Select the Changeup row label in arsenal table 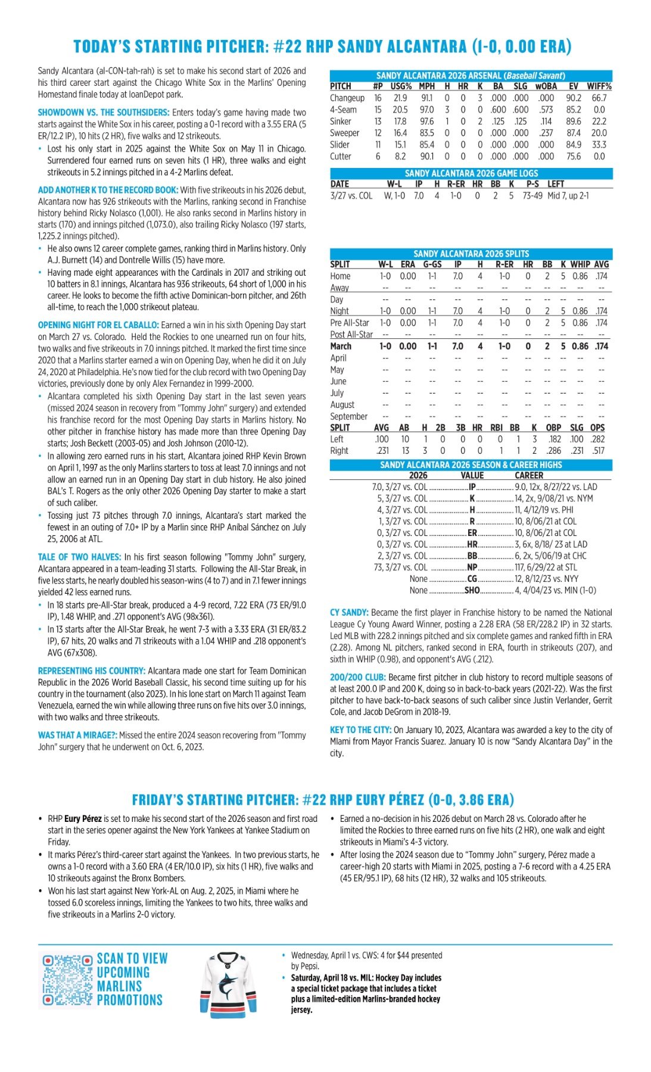pos(347,98)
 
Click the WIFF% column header pos(599,86)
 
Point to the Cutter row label pos(341,156)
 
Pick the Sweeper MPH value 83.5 pos(426,133)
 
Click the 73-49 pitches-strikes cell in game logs pos(532,195)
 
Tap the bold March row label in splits pos(341,346)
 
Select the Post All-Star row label pos(351,335)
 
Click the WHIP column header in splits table pos(580,264)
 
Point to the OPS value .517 pos(597,451)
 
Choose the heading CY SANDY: pos(349,612)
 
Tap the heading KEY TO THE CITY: pos(360,730)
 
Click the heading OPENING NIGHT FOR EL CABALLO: pos(98,325)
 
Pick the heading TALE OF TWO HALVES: pos(80,557)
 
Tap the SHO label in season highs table pos(472,590)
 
